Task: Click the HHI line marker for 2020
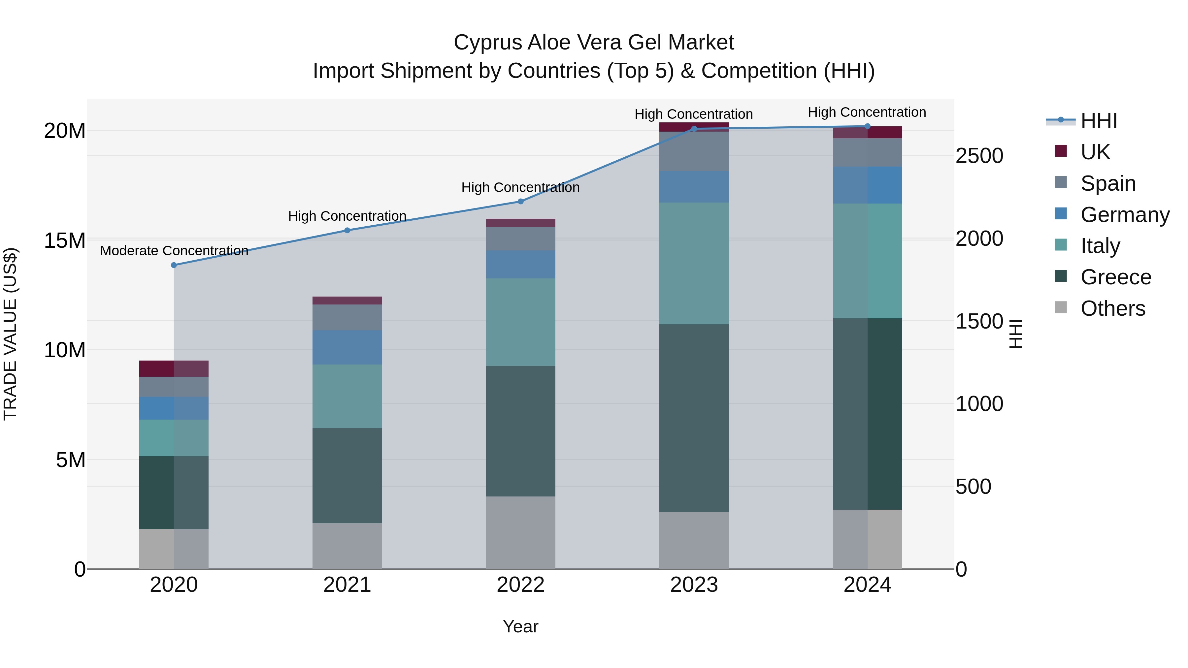pyautogui.click(x=174, y=265)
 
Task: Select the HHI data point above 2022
pyautogui.click(x=521, y=202)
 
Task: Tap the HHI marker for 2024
pyautogui.click(x=868, y=126)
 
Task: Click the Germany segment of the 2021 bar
pyautogui.click(x=347, y=347)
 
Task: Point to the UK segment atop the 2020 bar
pyautogui.click(x=174, y=369)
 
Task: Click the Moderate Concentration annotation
pyautogui.click(x=174, y=251)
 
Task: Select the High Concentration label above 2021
pyautogui.click(x=347, y=216)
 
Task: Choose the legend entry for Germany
pyautogui.click(x=1124, y=215)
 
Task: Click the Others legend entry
pyautogui.click(x=1112, y=308)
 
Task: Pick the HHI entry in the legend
pyautogui.click(x=1099, y=121)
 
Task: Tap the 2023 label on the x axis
pyautogui.click(x=694, y=585)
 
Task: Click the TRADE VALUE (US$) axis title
pyautogui.click(x=10, y=334)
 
